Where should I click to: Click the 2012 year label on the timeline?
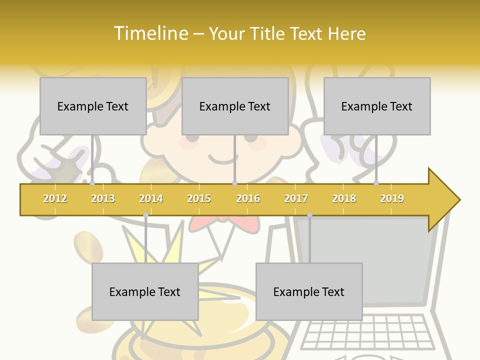[x=55, y=198]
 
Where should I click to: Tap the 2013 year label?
[x=103, y=198]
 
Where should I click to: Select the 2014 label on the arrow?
[x=151, y=198]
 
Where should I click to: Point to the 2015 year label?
[x=199, y=198]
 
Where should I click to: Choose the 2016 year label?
[x=248, y=198]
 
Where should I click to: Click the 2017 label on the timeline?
[x=296, y=198]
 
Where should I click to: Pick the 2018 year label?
[x=344, y=198]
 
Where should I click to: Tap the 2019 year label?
[x=392, y=198]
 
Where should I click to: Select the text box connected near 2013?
[x=93, y=106]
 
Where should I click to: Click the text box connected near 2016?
[x=235, y=106]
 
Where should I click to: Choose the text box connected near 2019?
[x=377, y=106]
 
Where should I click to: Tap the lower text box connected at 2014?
[x=145, y=291]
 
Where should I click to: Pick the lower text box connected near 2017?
[x=309, y=291]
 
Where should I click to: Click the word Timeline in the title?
[x=150, y=33]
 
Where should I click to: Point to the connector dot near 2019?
[x=376, y=183]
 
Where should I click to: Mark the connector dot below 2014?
[x=145, y=214]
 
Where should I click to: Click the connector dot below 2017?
[x=309, y=214]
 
